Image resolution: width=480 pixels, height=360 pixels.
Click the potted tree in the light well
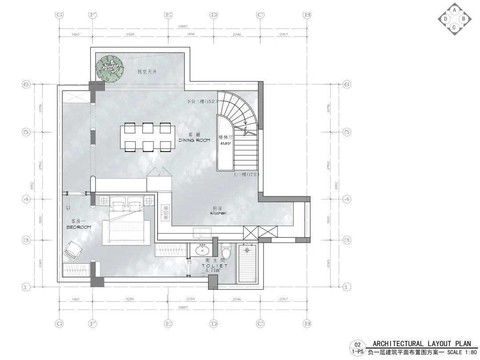point(110,68)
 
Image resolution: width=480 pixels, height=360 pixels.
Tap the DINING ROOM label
point(194,140)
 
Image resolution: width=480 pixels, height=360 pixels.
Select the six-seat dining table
point(147,138)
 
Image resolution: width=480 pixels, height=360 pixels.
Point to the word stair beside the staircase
point(224,144)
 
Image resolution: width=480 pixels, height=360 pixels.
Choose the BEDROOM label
point(78,227)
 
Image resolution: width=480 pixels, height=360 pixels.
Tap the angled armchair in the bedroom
point(72,250)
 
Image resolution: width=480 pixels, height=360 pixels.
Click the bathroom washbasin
point(203,251)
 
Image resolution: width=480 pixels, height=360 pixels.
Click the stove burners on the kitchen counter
point(166,212)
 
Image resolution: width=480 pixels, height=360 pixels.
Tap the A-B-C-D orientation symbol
point(454,19)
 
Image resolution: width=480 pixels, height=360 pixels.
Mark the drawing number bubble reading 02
point(357,344)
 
